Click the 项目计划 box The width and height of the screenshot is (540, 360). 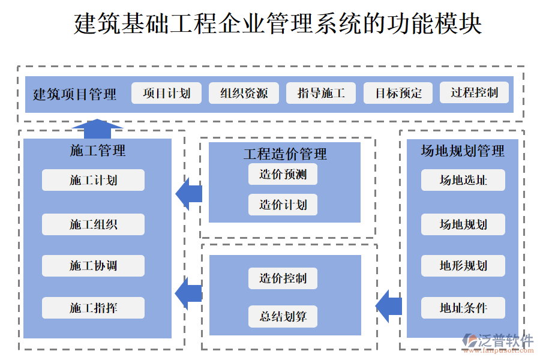[166, 93]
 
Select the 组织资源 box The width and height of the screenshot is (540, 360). [244, 93]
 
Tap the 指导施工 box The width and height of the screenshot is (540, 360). [321, 93]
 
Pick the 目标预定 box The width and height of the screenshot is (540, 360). [398, 93]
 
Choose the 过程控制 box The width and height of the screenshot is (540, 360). [474, 92]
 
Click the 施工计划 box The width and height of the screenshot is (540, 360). [93, 180]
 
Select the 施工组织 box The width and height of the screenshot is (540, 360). [93, 224]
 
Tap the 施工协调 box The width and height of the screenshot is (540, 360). [93, 266]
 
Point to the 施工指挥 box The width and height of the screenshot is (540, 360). [93, 308]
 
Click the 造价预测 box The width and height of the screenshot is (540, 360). [283, 175]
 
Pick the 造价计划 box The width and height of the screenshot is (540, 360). [283, 205]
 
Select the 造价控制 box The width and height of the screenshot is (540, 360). [283, 278]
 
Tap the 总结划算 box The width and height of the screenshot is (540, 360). [283, 316]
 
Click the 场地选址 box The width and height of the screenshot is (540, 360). [463, 180]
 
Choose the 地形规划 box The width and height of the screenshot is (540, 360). [463, 266]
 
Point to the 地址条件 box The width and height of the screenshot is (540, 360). [463, 308]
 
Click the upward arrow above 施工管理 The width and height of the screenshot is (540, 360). [97, 125]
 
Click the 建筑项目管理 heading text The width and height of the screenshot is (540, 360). [74, 94]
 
